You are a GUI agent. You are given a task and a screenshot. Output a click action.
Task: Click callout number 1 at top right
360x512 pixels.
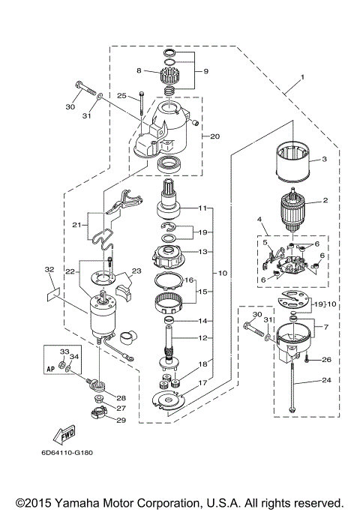click(x=303, y=77)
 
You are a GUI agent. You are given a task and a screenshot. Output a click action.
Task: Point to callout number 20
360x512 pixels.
click(x=214, y=136)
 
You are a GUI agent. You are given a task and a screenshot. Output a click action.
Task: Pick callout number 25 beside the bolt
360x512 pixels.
click(x=121, y=95)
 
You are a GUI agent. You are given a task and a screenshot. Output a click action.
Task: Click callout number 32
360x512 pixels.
click(x=49, y=269)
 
